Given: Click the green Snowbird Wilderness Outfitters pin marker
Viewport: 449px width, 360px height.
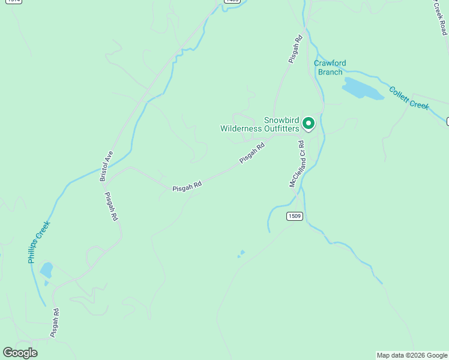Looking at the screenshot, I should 309,123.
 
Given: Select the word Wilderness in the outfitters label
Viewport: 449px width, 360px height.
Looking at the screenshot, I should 241,128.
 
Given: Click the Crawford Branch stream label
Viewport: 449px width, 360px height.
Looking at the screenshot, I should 330,68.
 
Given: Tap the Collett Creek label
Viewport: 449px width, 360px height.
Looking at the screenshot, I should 409,98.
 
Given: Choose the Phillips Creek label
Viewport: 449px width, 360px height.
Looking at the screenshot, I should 38,242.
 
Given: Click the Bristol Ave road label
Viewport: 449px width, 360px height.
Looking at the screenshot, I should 106,166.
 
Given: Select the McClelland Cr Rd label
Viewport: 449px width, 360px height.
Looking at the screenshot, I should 297,164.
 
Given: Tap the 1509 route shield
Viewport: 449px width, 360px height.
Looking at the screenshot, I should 294,216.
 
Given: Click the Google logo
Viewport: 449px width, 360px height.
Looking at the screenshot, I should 20,353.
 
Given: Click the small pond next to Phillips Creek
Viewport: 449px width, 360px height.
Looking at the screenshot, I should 46,269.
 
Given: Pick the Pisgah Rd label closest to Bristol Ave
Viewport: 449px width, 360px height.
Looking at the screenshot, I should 111,207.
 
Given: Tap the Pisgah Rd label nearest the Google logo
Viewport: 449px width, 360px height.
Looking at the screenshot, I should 55,322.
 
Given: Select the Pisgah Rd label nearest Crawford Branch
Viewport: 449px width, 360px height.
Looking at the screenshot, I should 295,49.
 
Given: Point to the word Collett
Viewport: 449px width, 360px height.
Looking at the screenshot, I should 399,94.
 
